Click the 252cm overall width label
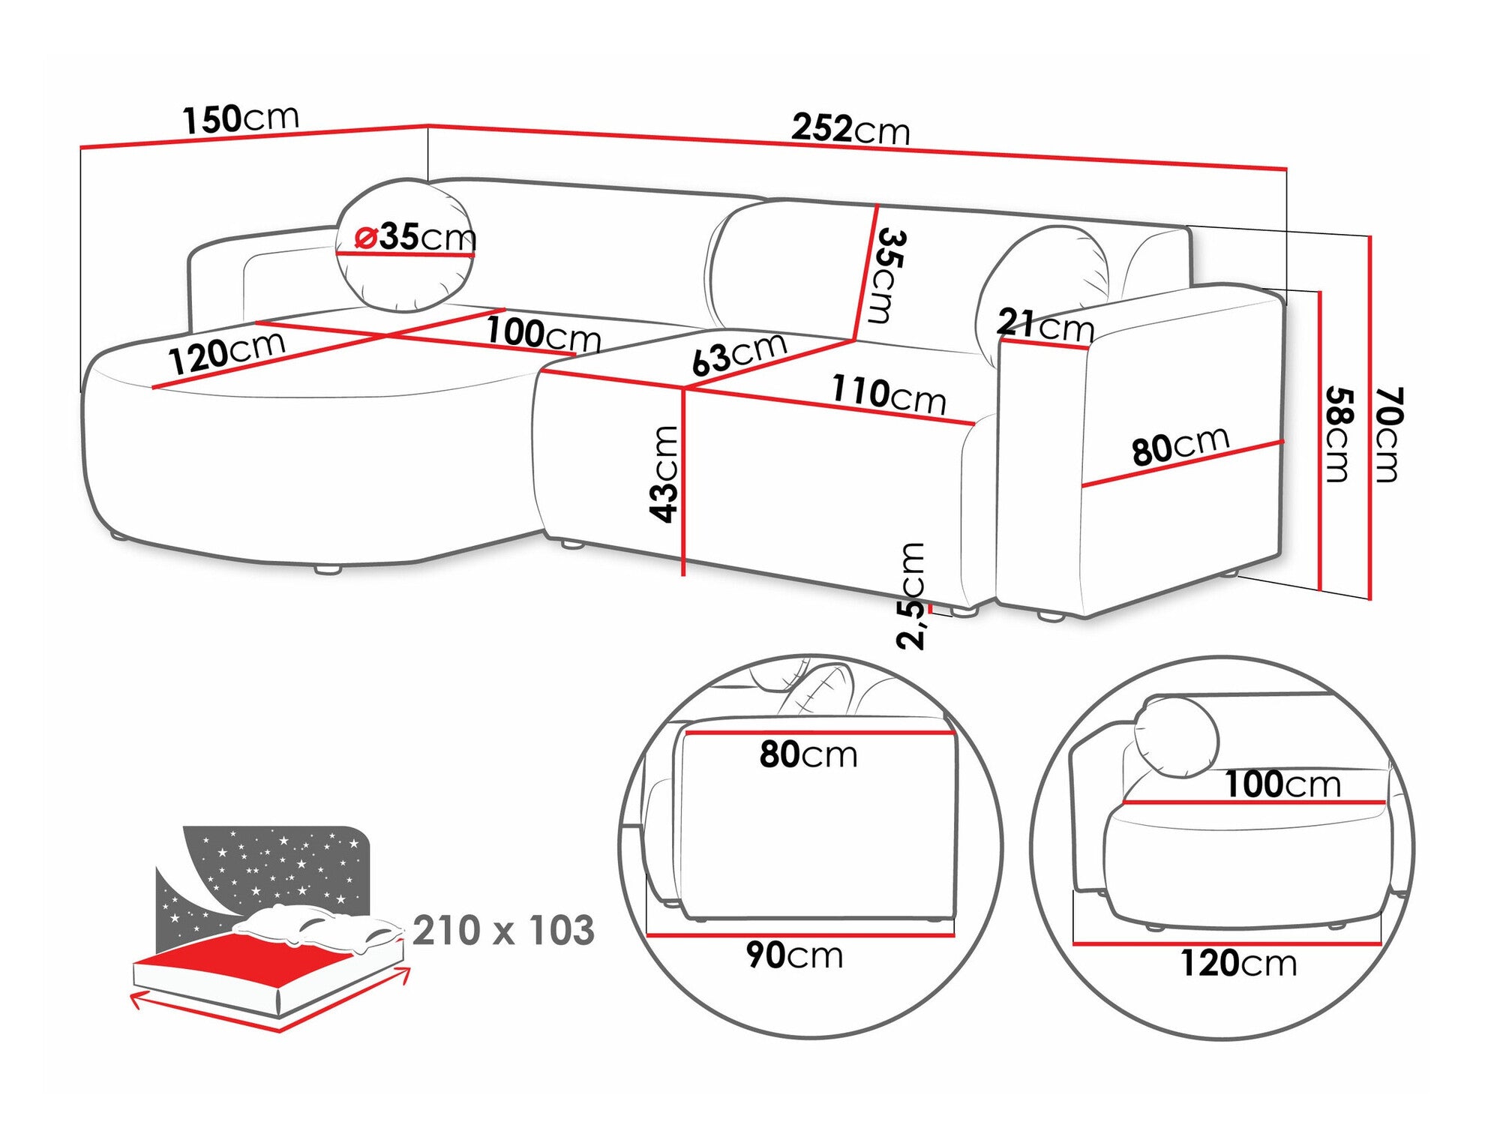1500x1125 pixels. [850, 129]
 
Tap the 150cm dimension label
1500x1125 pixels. [241, 118]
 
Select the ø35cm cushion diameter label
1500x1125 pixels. [415, 237]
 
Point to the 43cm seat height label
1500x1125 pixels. [664, 473]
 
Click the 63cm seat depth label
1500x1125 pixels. [739, 352]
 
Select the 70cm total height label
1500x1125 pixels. [1387, 434]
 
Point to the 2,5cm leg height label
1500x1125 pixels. [911, 595]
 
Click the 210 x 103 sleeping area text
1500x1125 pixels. [503, 930]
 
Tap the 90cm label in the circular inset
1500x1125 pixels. [794, 955]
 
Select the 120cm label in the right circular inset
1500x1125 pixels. [1239, 963]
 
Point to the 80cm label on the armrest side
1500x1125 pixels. [1180, 445]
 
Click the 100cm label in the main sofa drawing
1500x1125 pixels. [544, 333]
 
